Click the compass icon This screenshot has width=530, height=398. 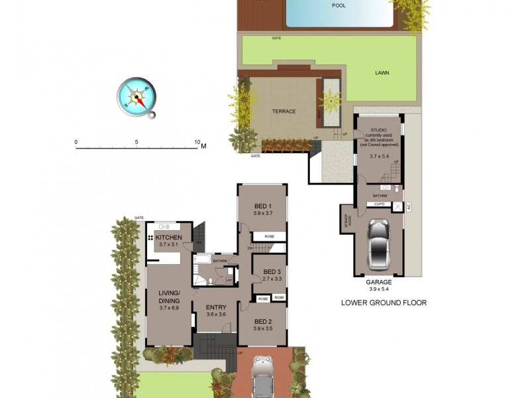point(137,98)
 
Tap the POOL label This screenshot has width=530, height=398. point(339,5)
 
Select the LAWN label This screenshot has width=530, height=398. point(382,73)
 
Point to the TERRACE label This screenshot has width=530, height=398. point(283,111)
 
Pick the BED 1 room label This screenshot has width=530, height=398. point(262,206)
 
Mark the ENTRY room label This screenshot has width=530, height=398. point(216,306)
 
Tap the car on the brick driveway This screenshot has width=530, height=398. point(263,376)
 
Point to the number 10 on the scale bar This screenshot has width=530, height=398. point(197,142)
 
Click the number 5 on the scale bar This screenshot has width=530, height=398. point(136,142)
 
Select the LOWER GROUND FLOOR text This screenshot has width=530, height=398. point(383,302)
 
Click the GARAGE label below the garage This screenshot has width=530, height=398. point(378,282)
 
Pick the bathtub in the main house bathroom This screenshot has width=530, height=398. point(203,260)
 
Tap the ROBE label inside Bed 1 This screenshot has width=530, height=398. point(270,236)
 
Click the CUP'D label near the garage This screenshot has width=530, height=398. point(380,205)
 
